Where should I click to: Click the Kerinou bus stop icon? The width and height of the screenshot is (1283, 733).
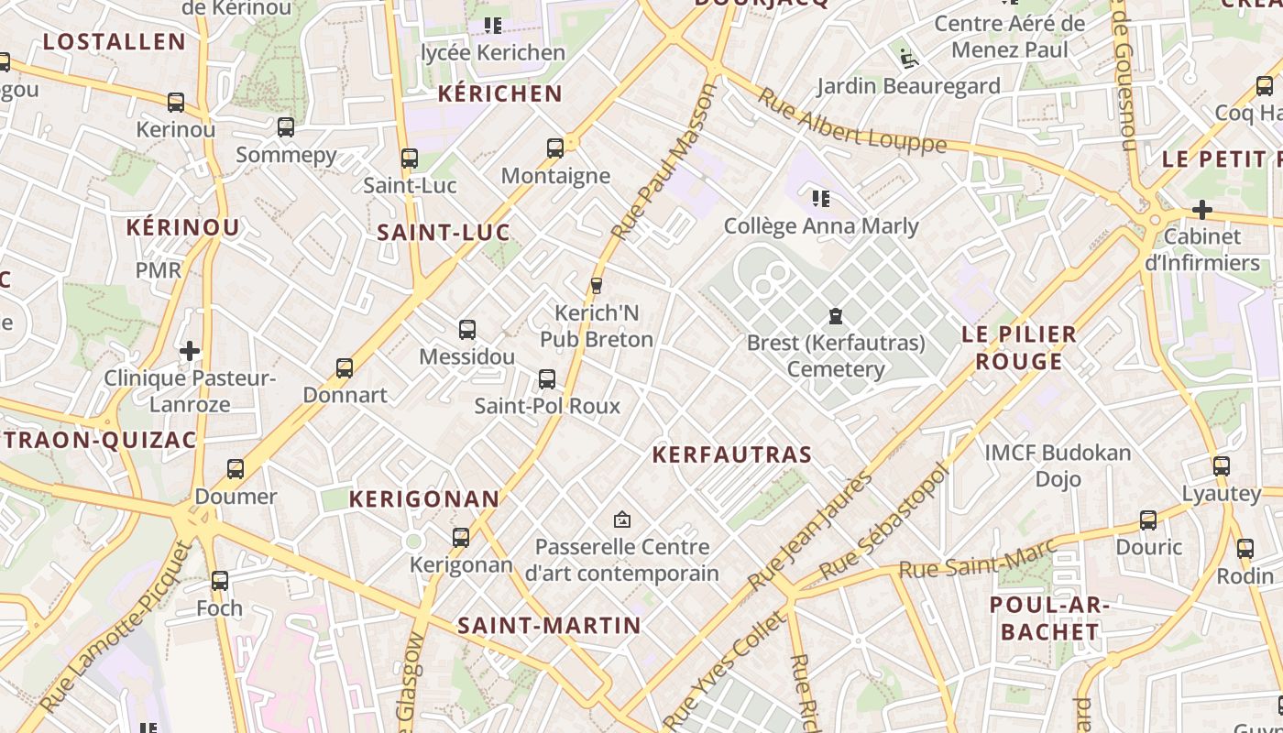(x=176, y=103)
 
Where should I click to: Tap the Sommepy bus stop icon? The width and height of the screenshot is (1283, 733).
(x=286, y=127)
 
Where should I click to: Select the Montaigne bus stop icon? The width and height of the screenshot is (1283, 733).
(x=554, y=148)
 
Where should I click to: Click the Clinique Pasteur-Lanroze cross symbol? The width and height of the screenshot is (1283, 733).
(x=190, y=351)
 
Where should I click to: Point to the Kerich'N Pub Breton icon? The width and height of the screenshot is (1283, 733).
(x=597, y=286)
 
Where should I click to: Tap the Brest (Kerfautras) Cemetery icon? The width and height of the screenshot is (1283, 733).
(x=835, y=317)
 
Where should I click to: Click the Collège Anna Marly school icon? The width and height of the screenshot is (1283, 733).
(x=820, y=198)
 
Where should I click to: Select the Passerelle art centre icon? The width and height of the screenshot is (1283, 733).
(x=622, y=520)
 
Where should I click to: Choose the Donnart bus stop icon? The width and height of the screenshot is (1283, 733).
(x=345, y=368)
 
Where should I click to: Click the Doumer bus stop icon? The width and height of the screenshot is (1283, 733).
(x=236, y=469)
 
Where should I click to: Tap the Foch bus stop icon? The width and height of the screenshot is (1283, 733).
(x=220, y=580)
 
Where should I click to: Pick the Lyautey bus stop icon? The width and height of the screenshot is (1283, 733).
(x=1221, y=465)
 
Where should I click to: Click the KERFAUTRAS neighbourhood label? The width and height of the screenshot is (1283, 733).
(x=731, y=454)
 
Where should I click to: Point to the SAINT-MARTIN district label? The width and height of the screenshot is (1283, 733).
(x=549, y=626)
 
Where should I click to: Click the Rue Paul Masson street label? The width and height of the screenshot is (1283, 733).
(x=663, y=163)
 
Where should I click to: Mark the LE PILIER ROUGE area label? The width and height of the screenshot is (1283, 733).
(x=1018, y=347)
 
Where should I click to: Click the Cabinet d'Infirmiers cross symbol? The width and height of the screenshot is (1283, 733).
(x=1201, y=210)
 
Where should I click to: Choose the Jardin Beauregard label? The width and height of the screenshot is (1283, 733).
(x=908, y=86)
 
